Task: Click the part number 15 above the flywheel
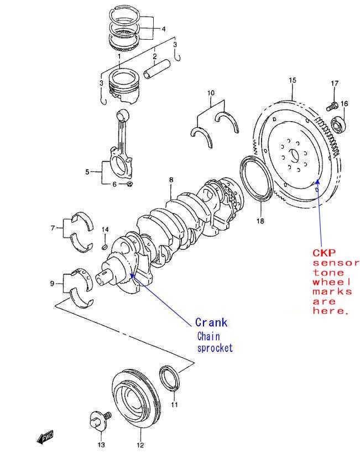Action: point(292,80)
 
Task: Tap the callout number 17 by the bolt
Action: point(335,84)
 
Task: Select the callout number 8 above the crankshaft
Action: point(171,180)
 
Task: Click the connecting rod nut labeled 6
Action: point(129,184)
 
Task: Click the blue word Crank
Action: point(211,322)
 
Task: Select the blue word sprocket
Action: point(215,348)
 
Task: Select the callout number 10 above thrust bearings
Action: point(211,92)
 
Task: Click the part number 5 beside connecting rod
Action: point(87,172)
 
